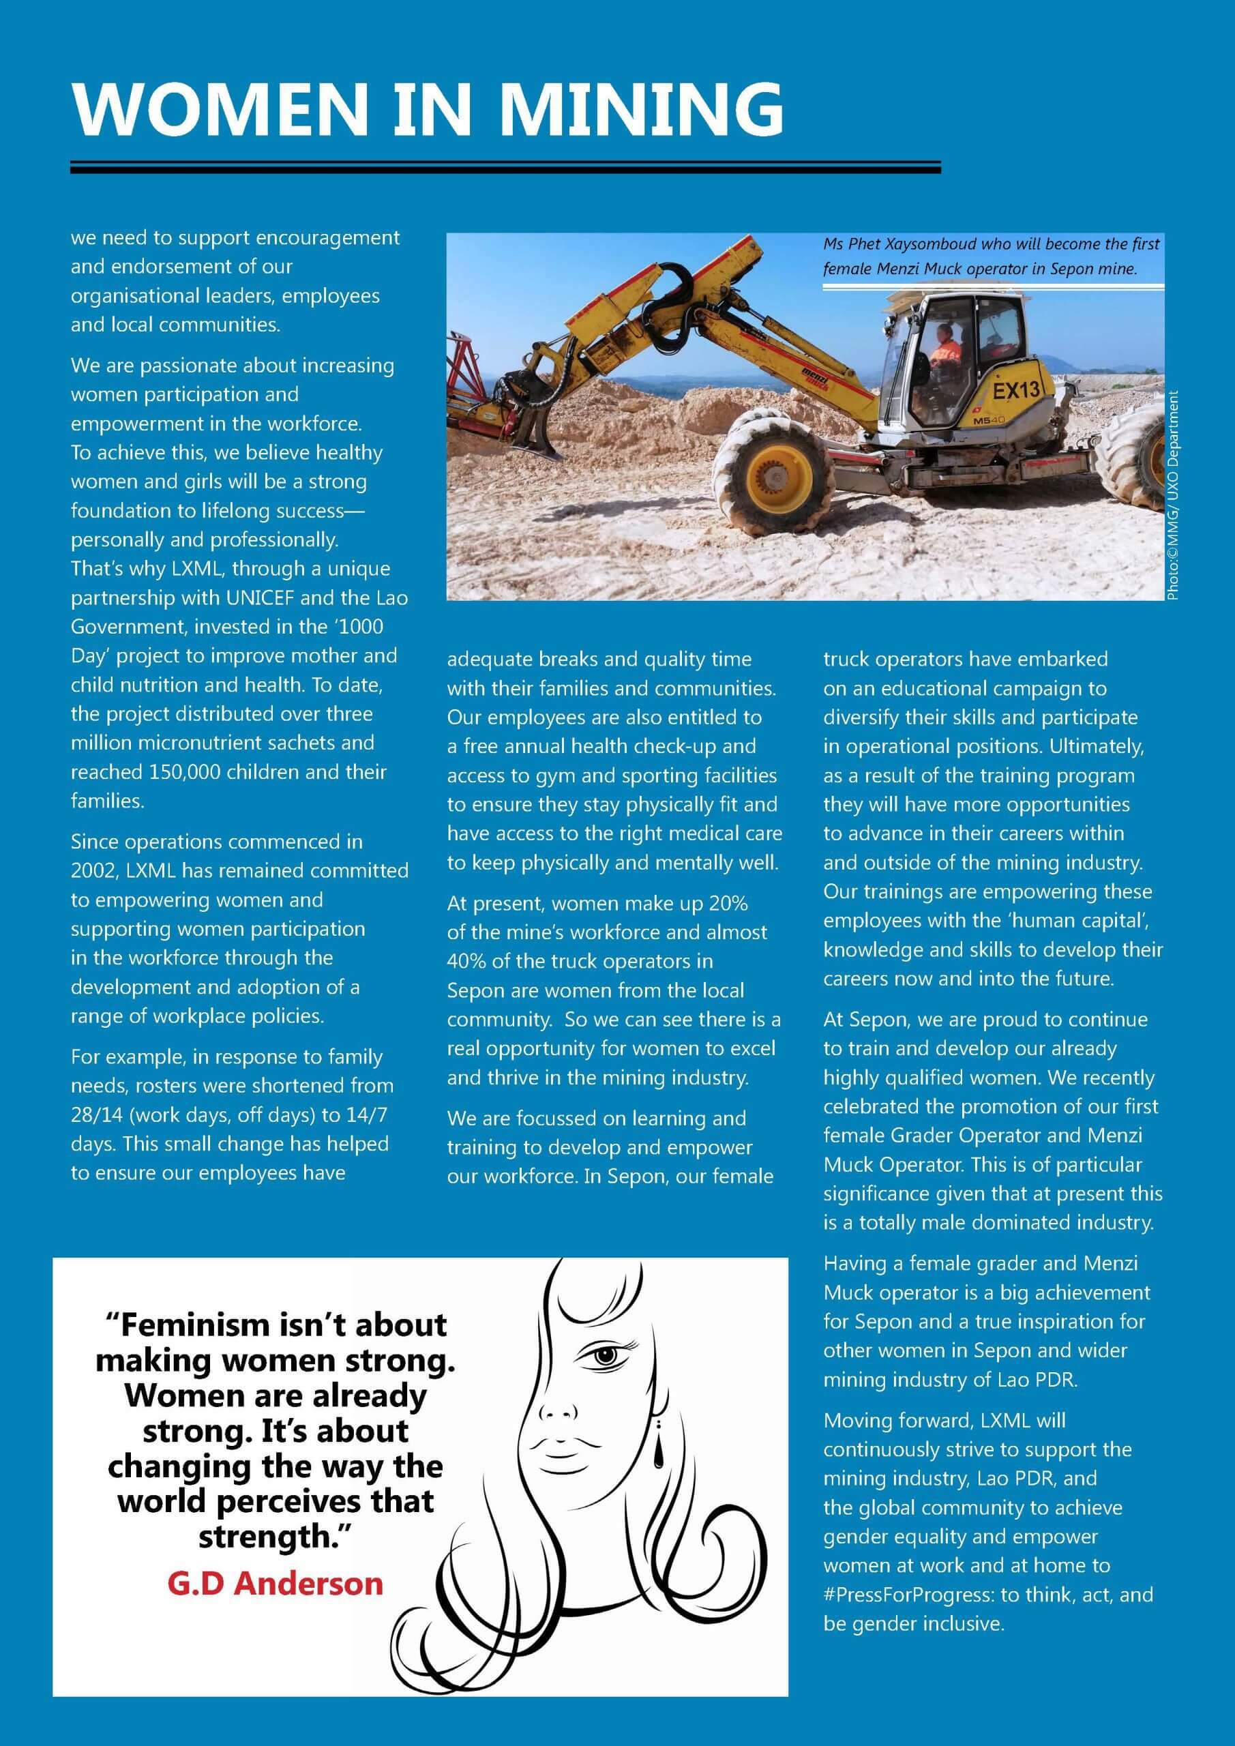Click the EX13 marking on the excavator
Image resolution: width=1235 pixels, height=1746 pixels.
[x=1016, y=391]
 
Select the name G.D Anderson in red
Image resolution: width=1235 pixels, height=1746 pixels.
[x=276, y=1584]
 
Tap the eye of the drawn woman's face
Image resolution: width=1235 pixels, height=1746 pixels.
[x=606, y=1355]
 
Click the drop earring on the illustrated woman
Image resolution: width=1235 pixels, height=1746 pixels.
[x=658, y=1455]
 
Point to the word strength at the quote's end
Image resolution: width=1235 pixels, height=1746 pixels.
[x=265, y=1535]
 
